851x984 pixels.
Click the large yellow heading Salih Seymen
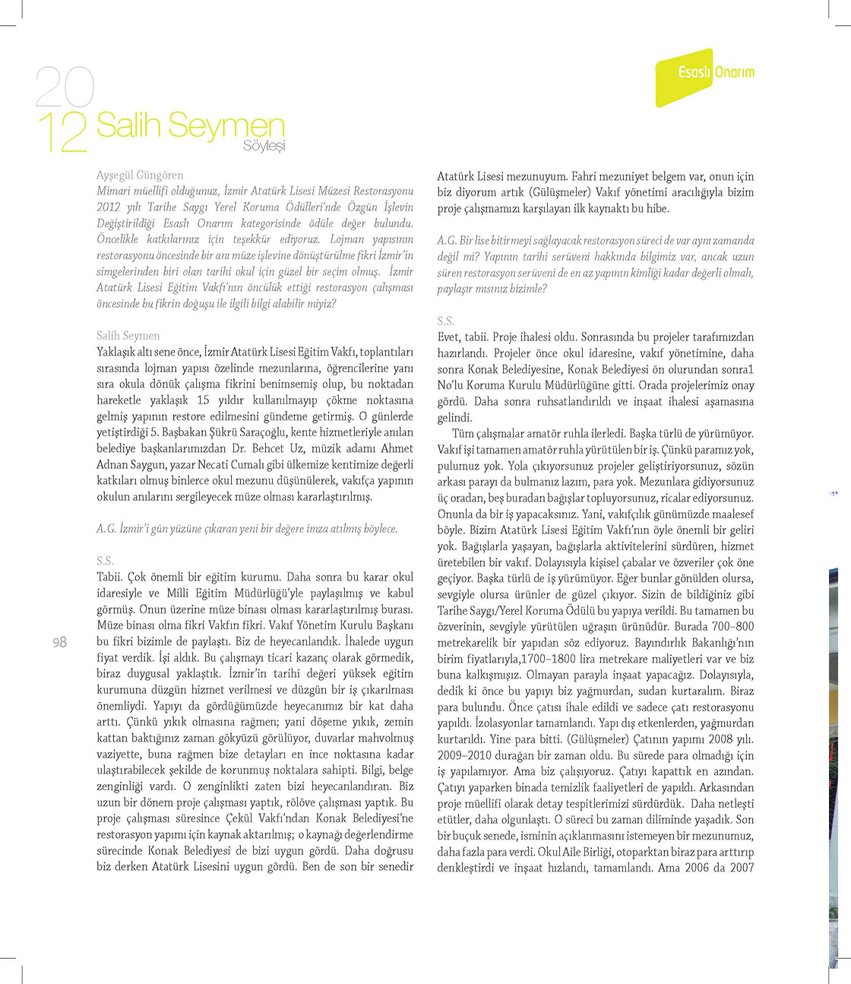[x=190, y=125]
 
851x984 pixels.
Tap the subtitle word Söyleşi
[x=264, y=146]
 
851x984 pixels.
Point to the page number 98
[x=59, y=643]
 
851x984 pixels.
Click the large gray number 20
[x=65, y=87]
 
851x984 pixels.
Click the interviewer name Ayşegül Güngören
[x=140, y=176]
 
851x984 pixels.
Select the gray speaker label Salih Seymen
[x=128, y=336]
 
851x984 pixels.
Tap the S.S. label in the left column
[x=105, y=562]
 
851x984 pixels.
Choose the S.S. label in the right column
[x=445, y=321]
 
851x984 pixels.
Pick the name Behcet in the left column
[x=264, y=448]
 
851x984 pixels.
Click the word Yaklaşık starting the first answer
[x=119, y=352]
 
